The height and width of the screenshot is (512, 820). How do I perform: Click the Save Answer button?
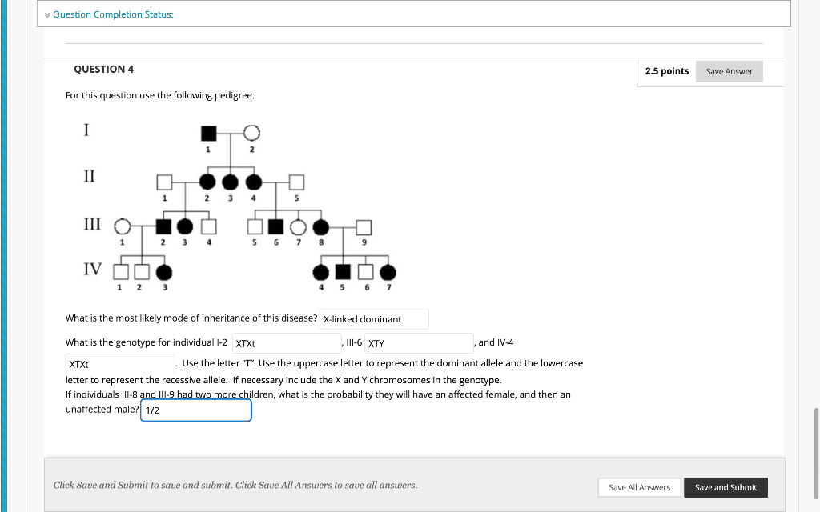point(729,71)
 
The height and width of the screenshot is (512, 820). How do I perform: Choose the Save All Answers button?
point(639,487)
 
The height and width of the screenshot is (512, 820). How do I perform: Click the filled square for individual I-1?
point(208,132)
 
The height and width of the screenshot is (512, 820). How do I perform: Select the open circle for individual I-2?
point(251,132)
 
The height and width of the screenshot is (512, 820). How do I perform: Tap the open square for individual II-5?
point(296,182)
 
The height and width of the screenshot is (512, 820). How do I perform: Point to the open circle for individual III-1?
point(122,227)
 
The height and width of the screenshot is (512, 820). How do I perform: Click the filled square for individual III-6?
point(276,227)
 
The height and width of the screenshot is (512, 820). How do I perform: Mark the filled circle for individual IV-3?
point(164,272)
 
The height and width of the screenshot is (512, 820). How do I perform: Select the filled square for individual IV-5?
point(343,272)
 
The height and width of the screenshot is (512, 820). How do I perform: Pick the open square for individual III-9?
point(364,227)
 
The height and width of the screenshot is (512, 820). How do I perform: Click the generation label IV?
point(93,269)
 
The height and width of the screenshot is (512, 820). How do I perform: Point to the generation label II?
point(88,176)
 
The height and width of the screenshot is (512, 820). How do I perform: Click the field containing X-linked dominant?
point(374,319)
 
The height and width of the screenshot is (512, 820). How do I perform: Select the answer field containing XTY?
point(420,343)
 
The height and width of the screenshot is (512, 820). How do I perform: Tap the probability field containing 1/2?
point(195,410)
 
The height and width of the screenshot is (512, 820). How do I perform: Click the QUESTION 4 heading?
point(103,70)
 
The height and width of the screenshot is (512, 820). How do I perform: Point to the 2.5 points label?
point(666,71)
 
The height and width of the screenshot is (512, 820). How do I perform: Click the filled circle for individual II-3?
point(231,182)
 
